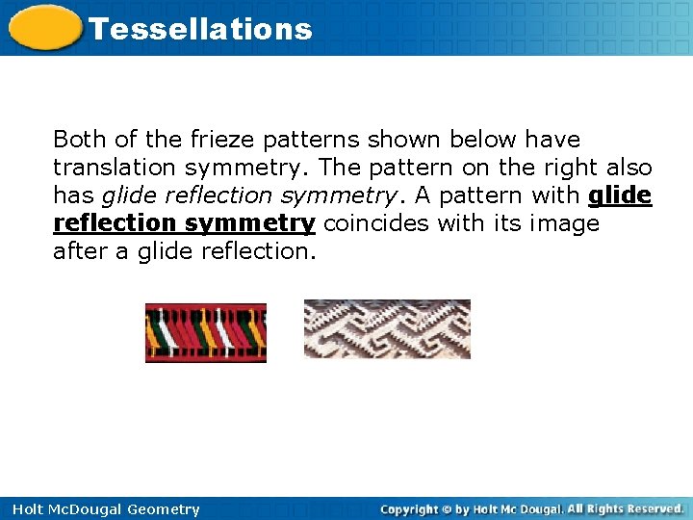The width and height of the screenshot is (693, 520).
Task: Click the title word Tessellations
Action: [200, 29]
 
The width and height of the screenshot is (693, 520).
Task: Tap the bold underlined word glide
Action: [620, 195]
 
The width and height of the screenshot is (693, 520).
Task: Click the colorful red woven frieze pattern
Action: [206, 332]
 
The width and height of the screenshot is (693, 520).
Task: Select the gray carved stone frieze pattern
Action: [387, 328]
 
